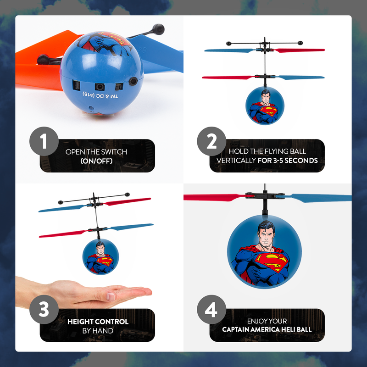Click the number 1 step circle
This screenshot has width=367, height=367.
(x=44, y=141)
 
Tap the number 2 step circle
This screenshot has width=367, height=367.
(x=211, y=141)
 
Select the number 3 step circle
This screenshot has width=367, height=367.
(x=44, y=310)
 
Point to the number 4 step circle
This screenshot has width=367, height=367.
(x=211, y=310)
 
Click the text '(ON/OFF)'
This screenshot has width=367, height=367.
(x=96, y=161)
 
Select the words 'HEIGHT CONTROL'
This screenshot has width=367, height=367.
(x=97, y=322)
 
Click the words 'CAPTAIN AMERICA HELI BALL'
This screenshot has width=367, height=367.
(x=267, y=329)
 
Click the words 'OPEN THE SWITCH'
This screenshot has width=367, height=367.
(x=96, y=152)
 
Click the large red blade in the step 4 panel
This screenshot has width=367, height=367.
(x=213, y=198)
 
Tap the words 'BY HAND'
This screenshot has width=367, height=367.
(x=97, y=330)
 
